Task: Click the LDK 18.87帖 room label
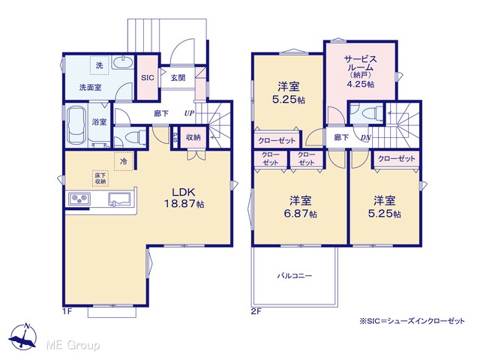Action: pos(184,198)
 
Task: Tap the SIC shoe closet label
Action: pos(148,78)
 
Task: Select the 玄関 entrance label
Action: pos(178,78)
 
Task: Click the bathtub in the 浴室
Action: pos(76,125)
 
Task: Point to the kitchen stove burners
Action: pos(79,199)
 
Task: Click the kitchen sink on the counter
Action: pos(119,199)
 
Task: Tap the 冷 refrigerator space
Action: pos(124,161)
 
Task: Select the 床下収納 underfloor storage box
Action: pos(100,178)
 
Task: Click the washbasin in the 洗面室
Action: pos(123,63)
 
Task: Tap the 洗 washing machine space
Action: pos(100,65)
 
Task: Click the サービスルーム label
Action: pos(360,63)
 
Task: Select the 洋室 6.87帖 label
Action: pos(300,207)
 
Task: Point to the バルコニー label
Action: pos(295,276)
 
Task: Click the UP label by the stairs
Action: pos(189,113)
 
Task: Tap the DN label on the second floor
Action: pos(365,138)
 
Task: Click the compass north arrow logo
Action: pos(23,337)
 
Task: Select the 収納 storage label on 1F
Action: pos(193,137)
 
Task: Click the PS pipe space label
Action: pos(175,137)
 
